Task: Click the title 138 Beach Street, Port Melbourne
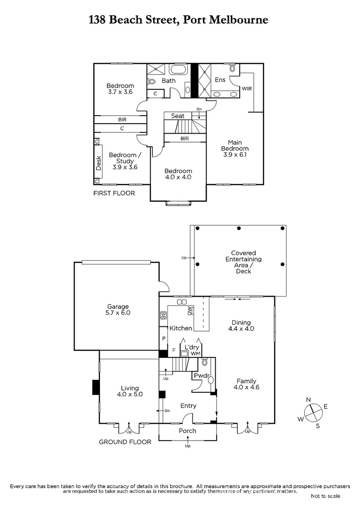click(x=179, y=20)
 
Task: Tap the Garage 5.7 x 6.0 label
click(x=118, y=309)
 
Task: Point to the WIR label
click(x=247, y=88)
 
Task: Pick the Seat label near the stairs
click(x=178, y=116)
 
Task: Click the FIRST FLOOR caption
click(x=114, y=193)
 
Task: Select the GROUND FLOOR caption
click(x=125, y=442)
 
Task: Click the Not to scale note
click(x=325, y=496)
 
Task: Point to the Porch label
click(x=187, y=431)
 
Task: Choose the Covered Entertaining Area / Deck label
click(x=243, y=262)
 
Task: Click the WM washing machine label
click(x=195, y=353)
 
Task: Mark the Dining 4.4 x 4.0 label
click(x=241, y=326)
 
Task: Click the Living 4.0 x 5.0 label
click(x=129, y=391)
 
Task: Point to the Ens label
click(x=220, y=80)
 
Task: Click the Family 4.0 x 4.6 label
click(x=246, y=384)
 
